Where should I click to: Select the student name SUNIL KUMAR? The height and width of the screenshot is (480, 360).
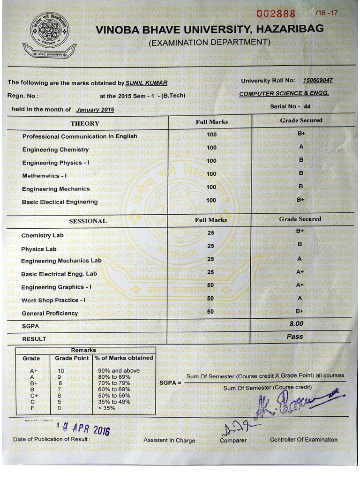coord(147,83)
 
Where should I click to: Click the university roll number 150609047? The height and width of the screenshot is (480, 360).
coord(317,80)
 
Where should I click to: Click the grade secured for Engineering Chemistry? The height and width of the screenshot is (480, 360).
coord(301,147)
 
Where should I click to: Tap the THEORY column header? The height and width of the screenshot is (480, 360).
coord(85,123)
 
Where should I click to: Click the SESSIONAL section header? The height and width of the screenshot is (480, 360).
coord(88,221)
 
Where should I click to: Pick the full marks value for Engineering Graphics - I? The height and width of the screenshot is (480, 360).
coord(210,285)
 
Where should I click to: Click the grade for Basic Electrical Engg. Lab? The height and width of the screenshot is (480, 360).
coord(300,271)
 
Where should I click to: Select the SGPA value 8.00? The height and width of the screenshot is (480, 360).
coord(296,324)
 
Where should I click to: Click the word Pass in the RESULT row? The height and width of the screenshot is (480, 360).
coord(295,337)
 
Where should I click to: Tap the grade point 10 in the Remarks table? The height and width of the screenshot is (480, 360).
coord(60,371)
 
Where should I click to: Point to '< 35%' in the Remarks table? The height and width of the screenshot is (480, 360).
coord(106,408)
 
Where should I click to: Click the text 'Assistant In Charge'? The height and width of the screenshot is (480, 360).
coord(169,440)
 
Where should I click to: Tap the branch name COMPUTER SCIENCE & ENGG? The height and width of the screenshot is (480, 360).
coord(284,93)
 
